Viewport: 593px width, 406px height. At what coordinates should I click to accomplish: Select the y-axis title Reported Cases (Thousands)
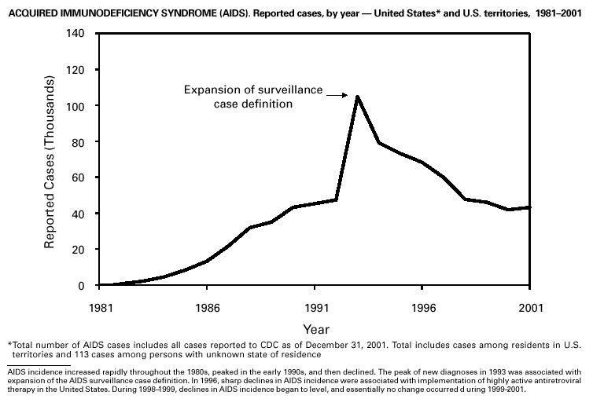[49, 159]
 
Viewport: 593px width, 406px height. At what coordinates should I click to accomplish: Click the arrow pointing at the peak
[336, 96]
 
